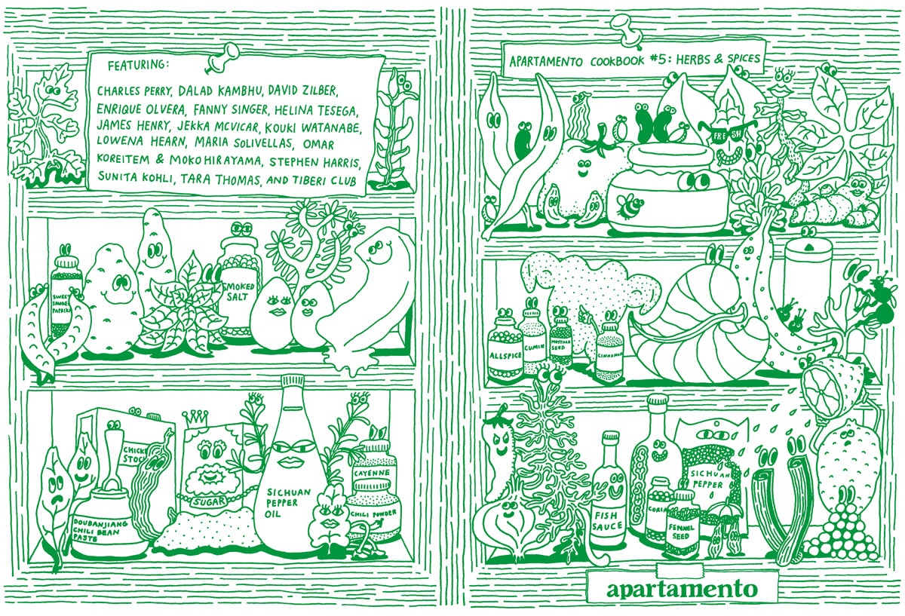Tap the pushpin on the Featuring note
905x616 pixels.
pos(226,53)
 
